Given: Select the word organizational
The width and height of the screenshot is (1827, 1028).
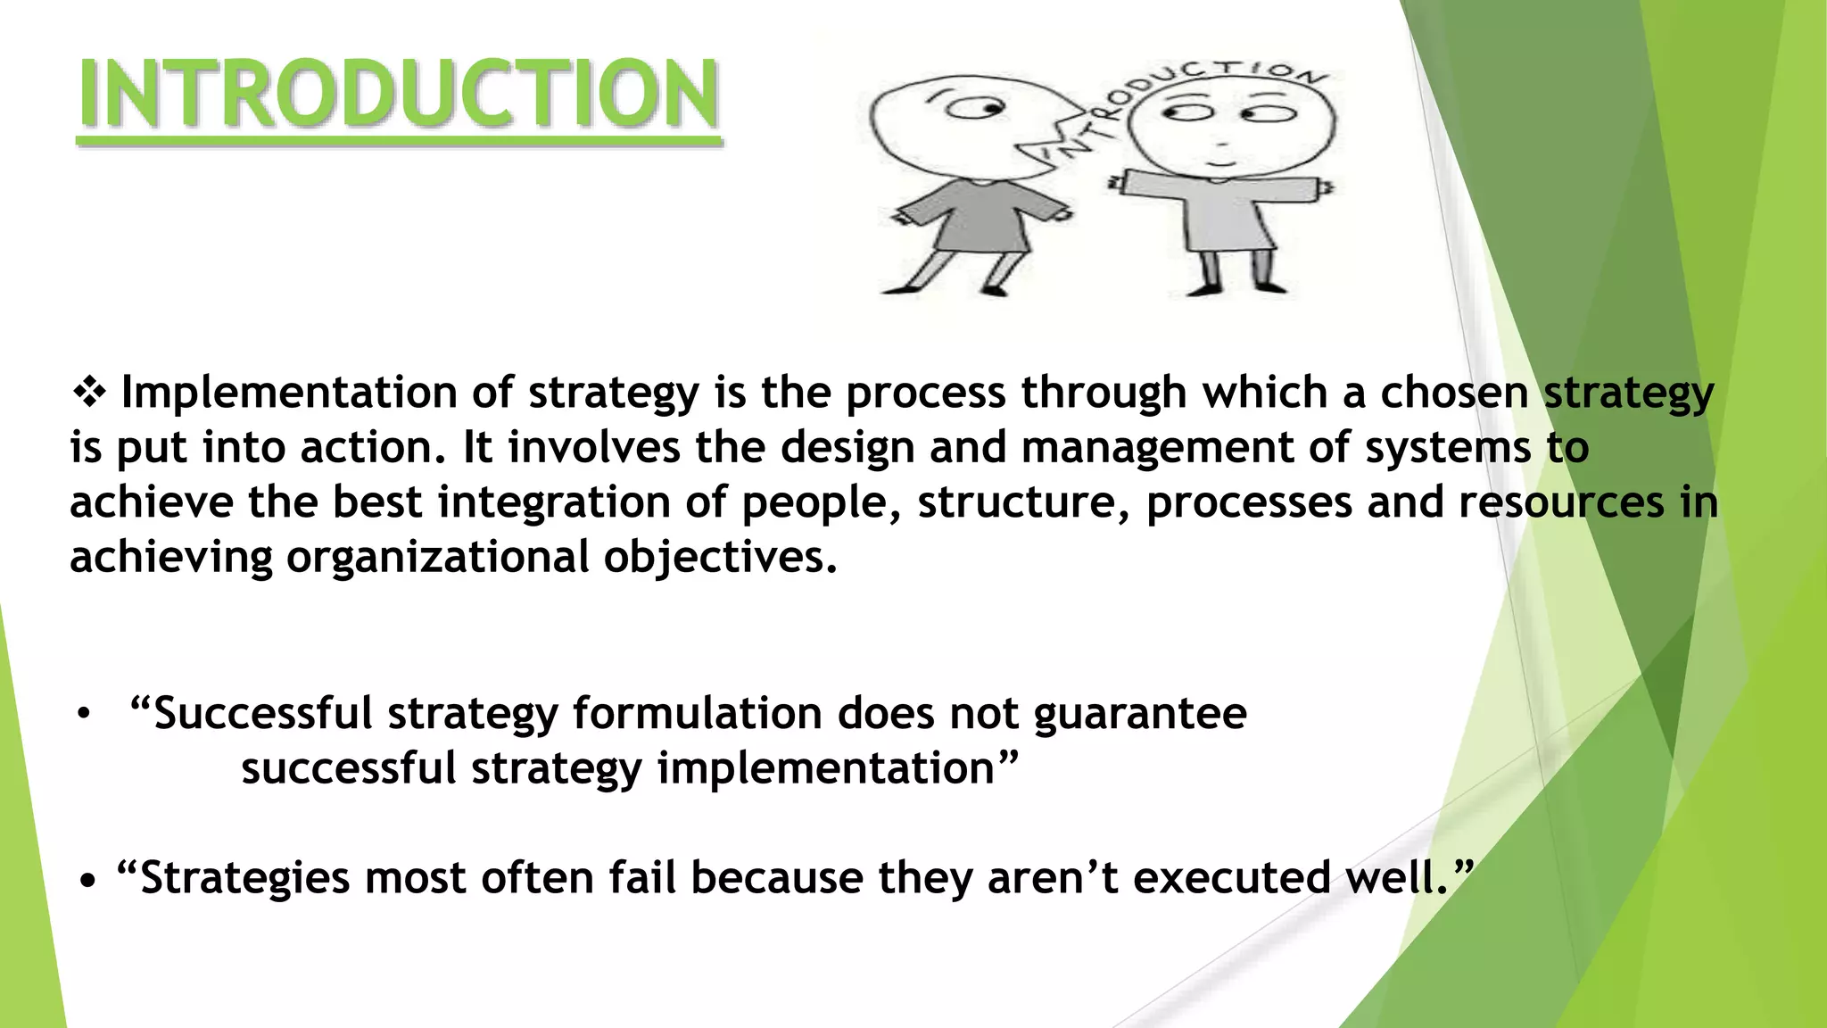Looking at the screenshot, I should [x=437, y=557].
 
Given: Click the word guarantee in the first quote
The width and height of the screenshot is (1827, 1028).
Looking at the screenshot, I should [x=1139, y=714].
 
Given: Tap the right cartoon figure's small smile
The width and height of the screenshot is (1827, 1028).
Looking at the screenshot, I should [x=1219, y=164].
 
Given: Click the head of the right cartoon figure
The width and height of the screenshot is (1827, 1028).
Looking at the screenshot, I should [x=1231, y=125].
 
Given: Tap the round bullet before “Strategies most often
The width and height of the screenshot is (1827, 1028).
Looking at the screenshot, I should [x=87, y=882].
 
